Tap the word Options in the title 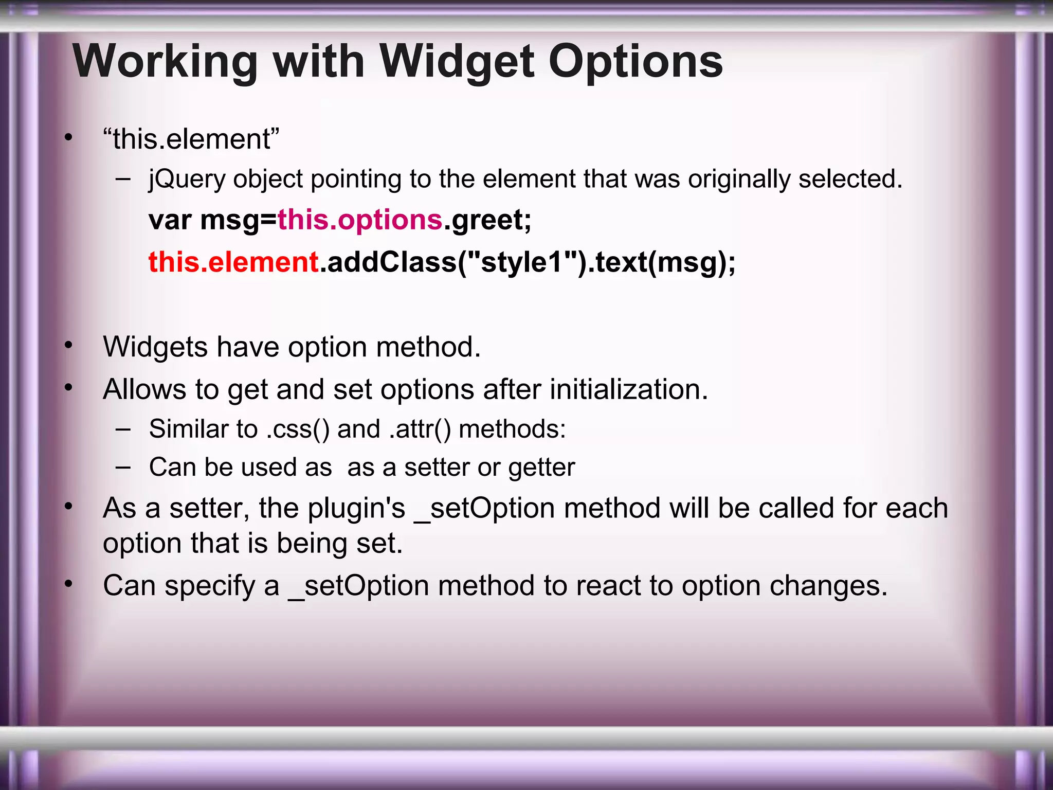coord(636,62)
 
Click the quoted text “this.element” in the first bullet coord(191,139)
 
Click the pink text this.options coord(360,220)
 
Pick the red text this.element coord(233,262)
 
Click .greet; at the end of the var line coord(487,220)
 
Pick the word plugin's coord(356,509)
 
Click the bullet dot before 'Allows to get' coord(68,387)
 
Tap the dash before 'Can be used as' coord(123,467)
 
